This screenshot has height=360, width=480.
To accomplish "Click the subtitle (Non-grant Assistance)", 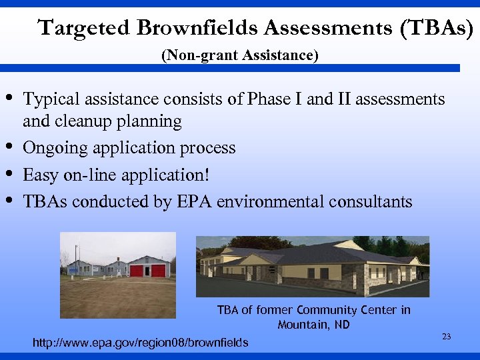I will tap(240, 55).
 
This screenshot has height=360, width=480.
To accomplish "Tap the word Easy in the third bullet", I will tap(39, 175).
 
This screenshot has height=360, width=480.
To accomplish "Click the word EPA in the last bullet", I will tap(195, 201).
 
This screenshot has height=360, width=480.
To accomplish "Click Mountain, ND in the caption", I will tap(313, 325).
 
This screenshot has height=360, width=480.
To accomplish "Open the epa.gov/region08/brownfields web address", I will tap(141, 343).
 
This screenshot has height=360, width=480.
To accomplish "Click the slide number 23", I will tap(446, 337).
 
